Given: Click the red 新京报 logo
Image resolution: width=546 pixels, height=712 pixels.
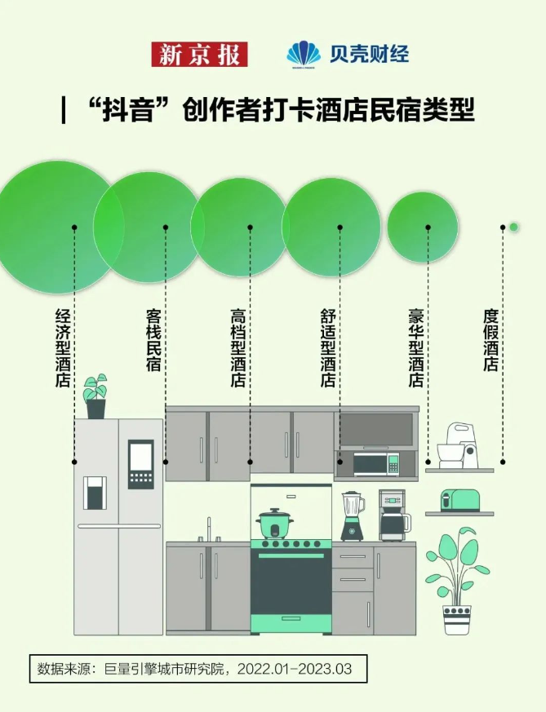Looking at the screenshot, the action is (199, 54).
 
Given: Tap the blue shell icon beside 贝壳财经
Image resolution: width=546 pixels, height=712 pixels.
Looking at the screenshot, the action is (304, 55).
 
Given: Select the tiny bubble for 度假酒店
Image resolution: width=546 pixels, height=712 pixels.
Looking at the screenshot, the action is (513, 227).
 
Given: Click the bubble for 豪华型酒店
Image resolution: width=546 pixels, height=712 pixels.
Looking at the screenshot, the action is (423, 227).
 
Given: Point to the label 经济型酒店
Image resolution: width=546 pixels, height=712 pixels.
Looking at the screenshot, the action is (63, 347).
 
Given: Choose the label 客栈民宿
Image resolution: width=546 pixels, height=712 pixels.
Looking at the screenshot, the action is (153, 340).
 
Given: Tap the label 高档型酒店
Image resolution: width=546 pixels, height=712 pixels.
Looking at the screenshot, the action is (238, 347).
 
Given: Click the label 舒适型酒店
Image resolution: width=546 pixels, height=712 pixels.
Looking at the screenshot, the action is (328, 347).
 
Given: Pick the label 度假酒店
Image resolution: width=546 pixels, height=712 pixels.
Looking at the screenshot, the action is (491, 340).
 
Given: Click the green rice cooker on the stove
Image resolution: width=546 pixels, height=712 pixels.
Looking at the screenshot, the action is (274, 523).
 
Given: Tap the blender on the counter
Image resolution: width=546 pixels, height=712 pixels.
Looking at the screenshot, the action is (353, 515).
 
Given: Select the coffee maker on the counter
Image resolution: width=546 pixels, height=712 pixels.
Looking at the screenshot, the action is (394, 515).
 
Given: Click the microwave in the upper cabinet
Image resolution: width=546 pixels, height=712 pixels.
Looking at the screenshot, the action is (376, 464).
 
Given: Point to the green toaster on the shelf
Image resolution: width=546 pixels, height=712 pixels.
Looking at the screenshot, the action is (459, 501).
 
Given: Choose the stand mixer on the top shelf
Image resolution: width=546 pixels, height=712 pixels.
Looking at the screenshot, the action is (457, 446).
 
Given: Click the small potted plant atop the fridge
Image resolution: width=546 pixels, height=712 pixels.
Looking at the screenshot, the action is (95, 396).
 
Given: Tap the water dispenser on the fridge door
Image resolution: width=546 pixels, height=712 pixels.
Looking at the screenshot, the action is (95, 493).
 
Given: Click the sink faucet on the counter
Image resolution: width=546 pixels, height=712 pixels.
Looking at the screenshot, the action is (209, 529).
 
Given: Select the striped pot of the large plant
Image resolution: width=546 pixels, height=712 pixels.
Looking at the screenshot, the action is (457, 620).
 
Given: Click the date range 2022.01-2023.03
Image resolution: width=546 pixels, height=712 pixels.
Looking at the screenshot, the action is (295, 669).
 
